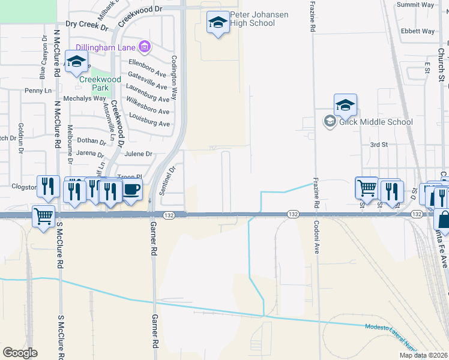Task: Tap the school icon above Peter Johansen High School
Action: click(218, 23)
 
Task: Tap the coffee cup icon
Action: click(131, 190)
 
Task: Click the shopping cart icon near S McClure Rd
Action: click(43, 216)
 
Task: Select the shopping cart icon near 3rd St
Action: click(366, 188)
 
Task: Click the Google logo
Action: click(20, 353)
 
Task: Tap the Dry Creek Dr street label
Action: click(86, 25)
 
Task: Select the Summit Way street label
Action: click(415, 5)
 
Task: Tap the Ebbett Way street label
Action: click(418, 31)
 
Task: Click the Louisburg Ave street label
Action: click(148, 123)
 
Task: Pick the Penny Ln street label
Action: click(38, 91)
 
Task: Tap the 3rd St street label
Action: click(379, 145)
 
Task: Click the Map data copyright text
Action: click(424, 355)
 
